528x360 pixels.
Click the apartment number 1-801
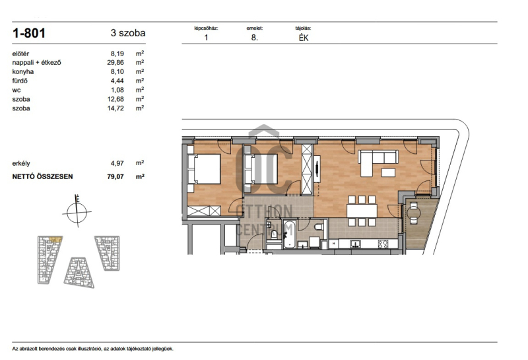28,33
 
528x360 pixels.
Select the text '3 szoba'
128,33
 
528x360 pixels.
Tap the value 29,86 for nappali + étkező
115,62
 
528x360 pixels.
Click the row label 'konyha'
23,72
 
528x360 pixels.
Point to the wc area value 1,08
117,90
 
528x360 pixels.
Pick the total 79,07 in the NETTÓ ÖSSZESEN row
115,176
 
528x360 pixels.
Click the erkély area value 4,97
117,163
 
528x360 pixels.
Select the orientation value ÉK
304,38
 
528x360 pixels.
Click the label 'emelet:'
255,28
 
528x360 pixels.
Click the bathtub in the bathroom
288,234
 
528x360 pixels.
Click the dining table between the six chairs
362,211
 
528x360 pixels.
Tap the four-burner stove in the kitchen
383,244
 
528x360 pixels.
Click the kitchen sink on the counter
355,243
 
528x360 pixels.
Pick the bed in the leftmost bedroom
204,169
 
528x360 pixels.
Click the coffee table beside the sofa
388,172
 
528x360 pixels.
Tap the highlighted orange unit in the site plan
55,239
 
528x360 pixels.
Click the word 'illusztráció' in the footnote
91,349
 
